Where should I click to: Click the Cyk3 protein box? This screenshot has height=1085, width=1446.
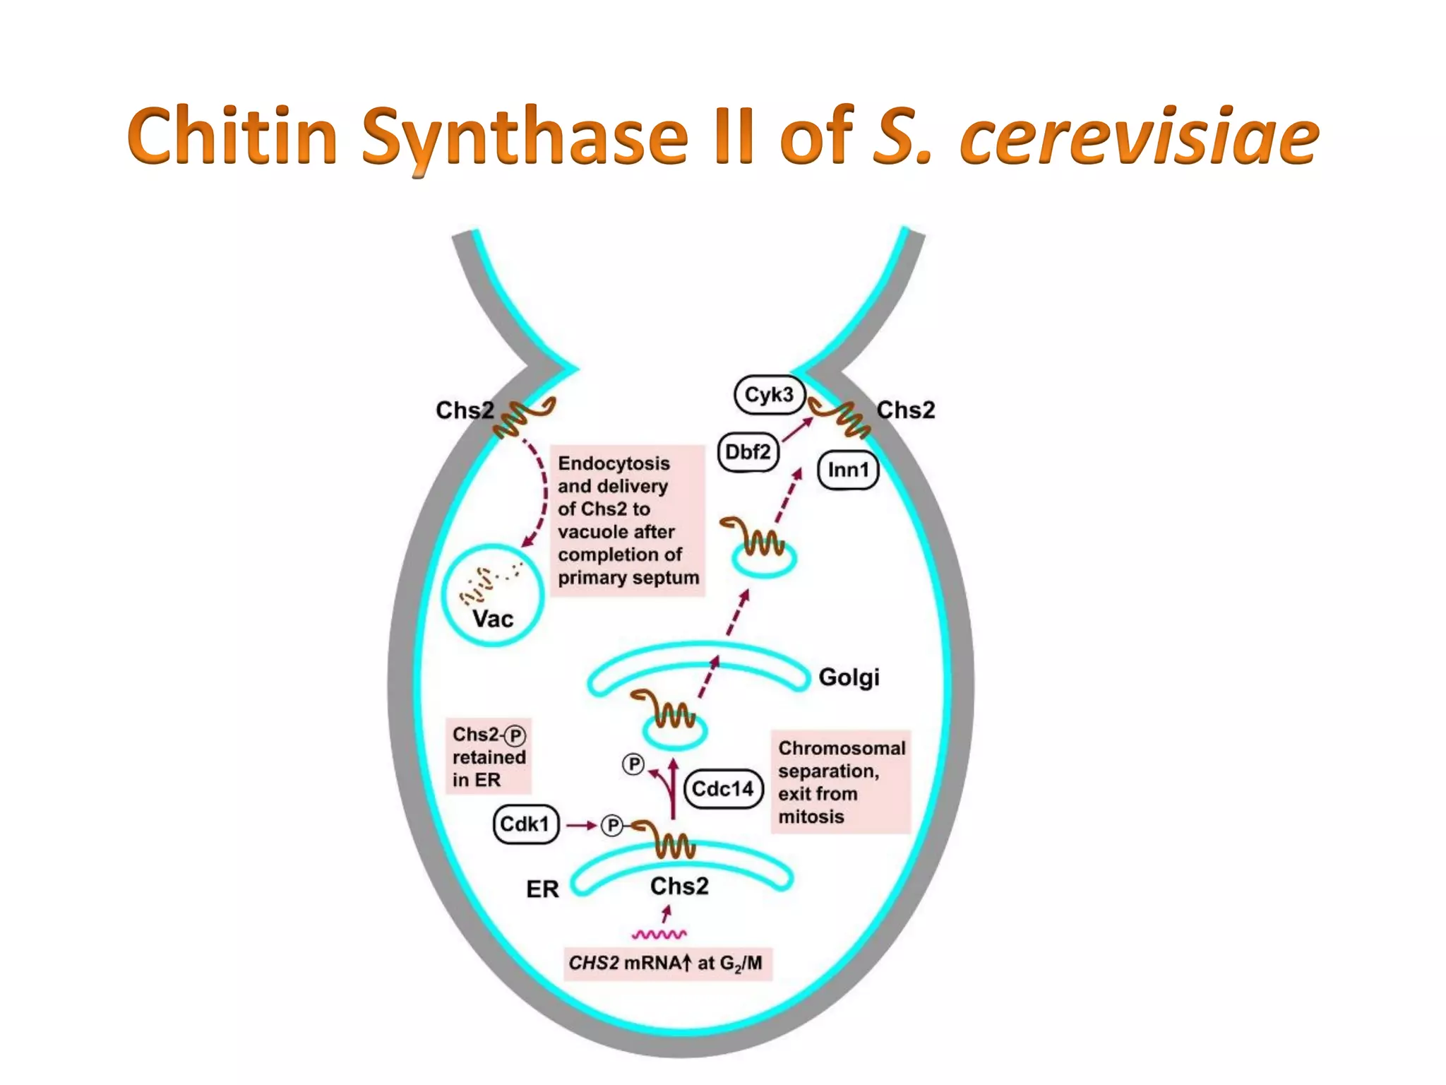[769, 395]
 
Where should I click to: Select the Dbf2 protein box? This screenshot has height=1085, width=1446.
[748, 451]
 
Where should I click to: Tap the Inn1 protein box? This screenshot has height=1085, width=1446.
[848, 470]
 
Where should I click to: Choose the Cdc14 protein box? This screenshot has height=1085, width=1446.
[723, 788]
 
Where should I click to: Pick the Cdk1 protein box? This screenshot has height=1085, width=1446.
[525, 824]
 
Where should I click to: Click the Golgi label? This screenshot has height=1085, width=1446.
[849, 677]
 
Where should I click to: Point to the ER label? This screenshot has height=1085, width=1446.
[542, 889]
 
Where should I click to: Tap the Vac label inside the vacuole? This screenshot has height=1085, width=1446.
[493, 619]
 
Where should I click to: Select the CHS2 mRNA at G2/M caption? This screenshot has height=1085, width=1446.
[666, 964]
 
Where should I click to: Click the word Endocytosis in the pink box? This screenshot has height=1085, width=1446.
[614, 463]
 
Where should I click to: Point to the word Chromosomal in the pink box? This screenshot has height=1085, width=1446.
[842, 748]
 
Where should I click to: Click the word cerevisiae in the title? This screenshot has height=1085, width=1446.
[1138, 136]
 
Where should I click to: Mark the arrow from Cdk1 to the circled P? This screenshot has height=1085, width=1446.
[582, 825]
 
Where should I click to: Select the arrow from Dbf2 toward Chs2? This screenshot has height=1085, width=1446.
[797, 429]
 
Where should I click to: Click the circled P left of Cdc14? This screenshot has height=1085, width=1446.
[633, 764]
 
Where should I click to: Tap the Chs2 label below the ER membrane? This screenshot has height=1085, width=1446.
[679, 886]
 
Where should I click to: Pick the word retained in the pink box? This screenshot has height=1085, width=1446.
[489, 757]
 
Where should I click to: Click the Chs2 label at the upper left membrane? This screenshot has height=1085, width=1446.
[465, 410]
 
